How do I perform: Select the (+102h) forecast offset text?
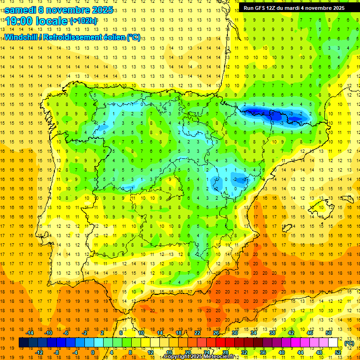(x=83, y=21)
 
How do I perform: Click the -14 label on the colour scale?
(x=30, y=333)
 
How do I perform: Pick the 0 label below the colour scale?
(x=92, y=352)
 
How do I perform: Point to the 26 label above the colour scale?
(x=216, y=333)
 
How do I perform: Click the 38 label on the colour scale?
(x=271, y=333)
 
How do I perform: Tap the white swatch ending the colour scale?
(x=333, y=343)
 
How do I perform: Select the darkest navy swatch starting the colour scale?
(x=23, y=343)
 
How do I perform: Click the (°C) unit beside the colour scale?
(x=349, y=343)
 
